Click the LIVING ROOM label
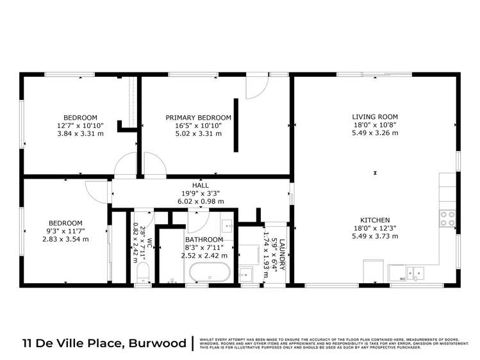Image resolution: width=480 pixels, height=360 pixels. (375, 117)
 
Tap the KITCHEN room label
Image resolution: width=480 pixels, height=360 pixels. (375, 220)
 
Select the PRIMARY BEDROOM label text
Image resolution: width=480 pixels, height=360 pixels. (198, 117)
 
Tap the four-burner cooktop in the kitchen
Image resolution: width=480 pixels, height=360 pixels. (447, 218)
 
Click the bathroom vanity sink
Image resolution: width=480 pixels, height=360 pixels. (228, 225)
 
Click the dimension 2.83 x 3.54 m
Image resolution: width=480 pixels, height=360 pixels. (66, 238)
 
